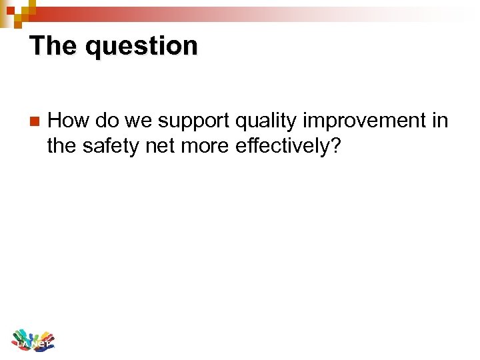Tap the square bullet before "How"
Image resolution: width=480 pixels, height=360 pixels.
click(35, 122)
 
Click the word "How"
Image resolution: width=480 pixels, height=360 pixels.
click(69, 121)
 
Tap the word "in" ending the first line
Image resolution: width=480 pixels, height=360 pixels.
click(439, 121)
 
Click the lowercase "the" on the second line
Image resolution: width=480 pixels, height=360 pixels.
click(62, 146)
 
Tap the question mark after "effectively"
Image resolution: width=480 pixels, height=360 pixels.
click(336, 146)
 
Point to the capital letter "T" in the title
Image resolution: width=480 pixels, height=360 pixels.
click(37, 46)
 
